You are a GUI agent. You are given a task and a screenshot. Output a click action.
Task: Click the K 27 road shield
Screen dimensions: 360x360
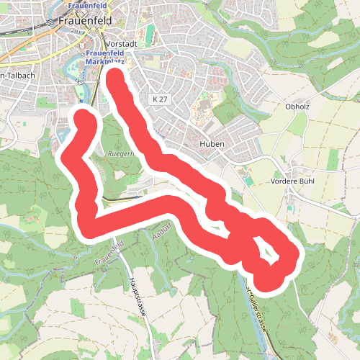click(160, 98)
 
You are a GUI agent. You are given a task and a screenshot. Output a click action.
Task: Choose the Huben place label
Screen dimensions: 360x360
click(213, 144)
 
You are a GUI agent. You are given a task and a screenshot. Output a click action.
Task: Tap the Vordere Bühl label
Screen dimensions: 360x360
click(291, 181)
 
